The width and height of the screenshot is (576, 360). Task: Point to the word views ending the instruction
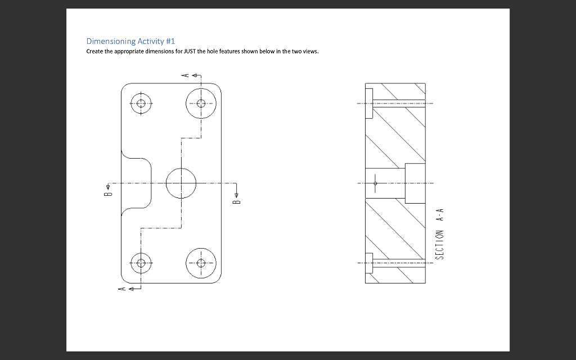pos(310,51)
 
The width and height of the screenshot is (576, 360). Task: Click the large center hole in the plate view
pos(181,183)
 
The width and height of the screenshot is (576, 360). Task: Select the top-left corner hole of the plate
pos(141,103)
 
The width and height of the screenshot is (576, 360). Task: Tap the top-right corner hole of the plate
pos(201,103)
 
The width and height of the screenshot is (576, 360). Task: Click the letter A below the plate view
pos(120,289)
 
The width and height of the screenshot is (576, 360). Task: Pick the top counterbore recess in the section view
pos(368,103)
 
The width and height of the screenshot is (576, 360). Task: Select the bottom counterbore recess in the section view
pos(368,263)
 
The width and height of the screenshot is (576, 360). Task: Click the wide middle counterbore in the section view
pos(415,183)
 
